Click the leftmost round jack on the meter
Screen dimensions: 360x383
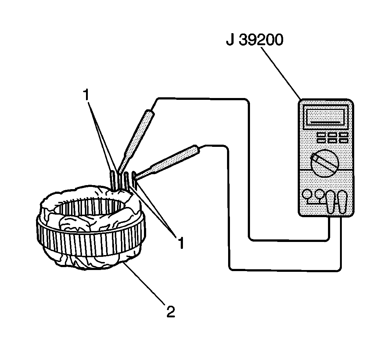tap(309, 194)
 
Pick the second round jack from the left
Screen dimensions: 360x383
tap(320, 194)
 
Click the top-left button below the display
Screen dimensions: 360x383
tap(321, 135)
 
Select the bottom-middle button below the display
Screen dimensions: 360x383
tap(332, 141)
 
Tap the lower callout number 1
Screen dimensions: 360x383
tap(180, 242)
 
